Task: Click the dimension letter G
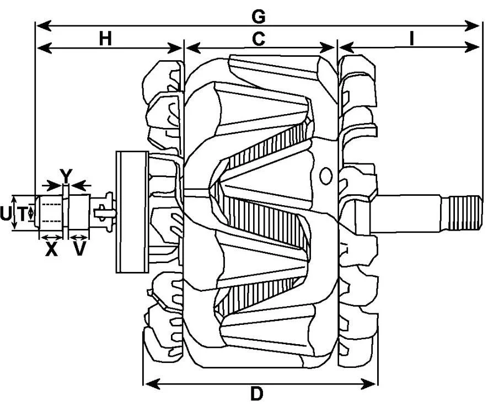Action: click(259, 17)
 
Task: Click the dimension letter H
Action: click(105, 39)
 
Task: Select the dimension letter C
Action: click(259, 39)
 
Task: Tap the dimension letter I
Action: click(412, 39)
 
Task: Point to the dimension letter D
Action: click(257, 394)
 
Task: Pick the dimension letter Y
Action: click(66, 176)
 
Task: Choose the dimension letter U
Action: click(6, 214)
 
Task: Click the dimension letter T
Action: click(22, 214)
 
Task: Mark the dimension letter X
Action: click(51, 249)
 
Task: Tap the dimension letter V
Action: click(79, 249)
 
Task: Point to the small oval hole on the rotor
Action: click(325, 176)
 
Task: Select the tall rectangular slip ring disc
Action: click(132, 212)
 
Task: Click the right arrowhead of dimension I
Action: click(472, 47)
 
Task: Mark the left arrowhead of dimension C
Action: click(194, 49)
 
